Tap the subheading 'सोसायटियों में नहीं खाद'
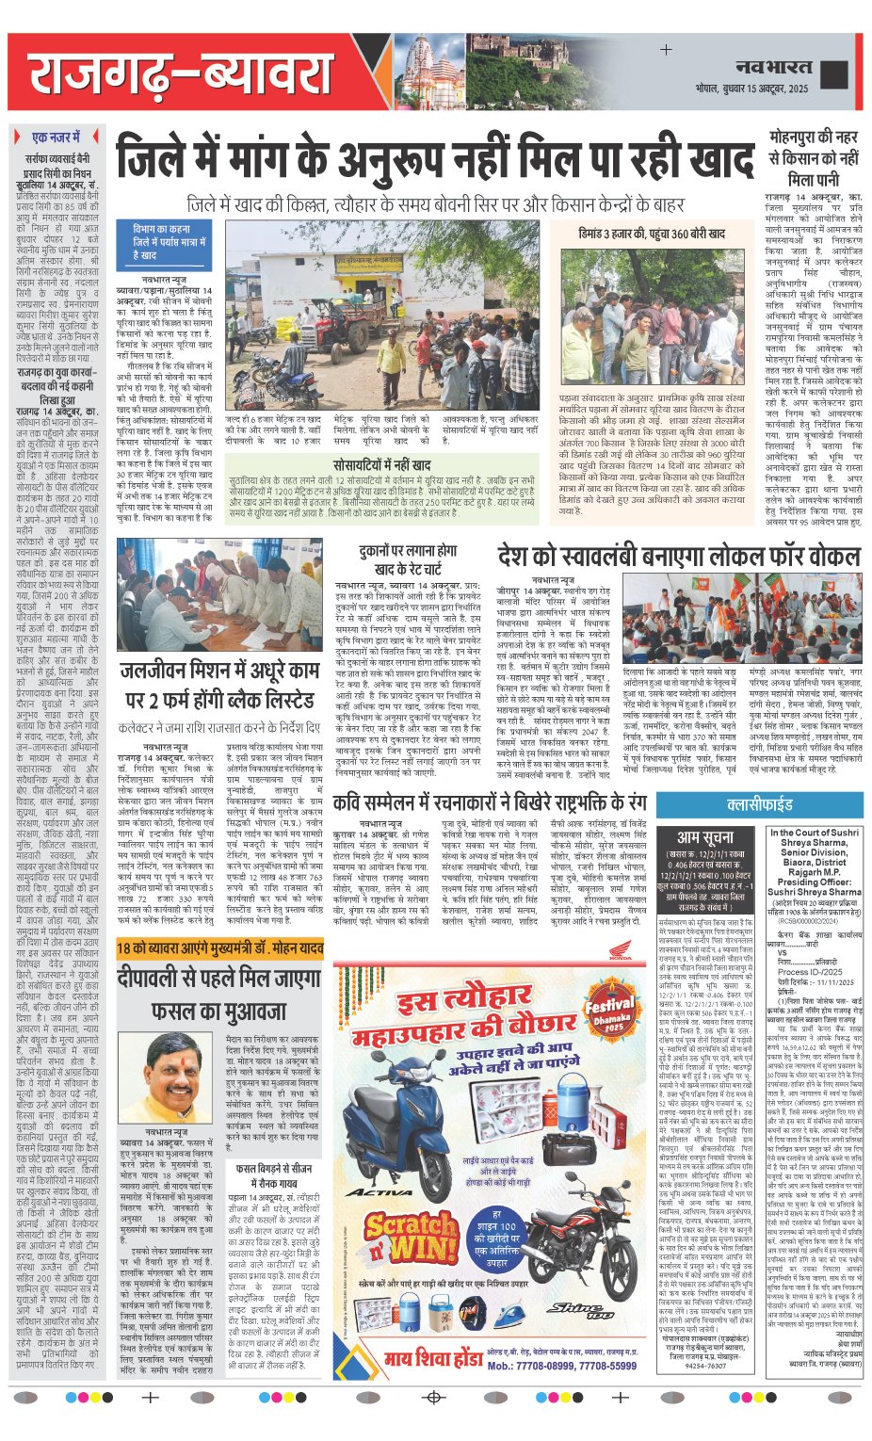pyautogui.click(x=381, y=464)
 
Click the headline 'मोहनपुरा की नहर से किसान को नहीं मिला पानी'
pyautogui.click(x=813, y=157)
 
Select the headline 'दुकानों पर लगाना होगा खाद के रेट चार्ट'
pyautogui.click(x=407, y=559)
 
